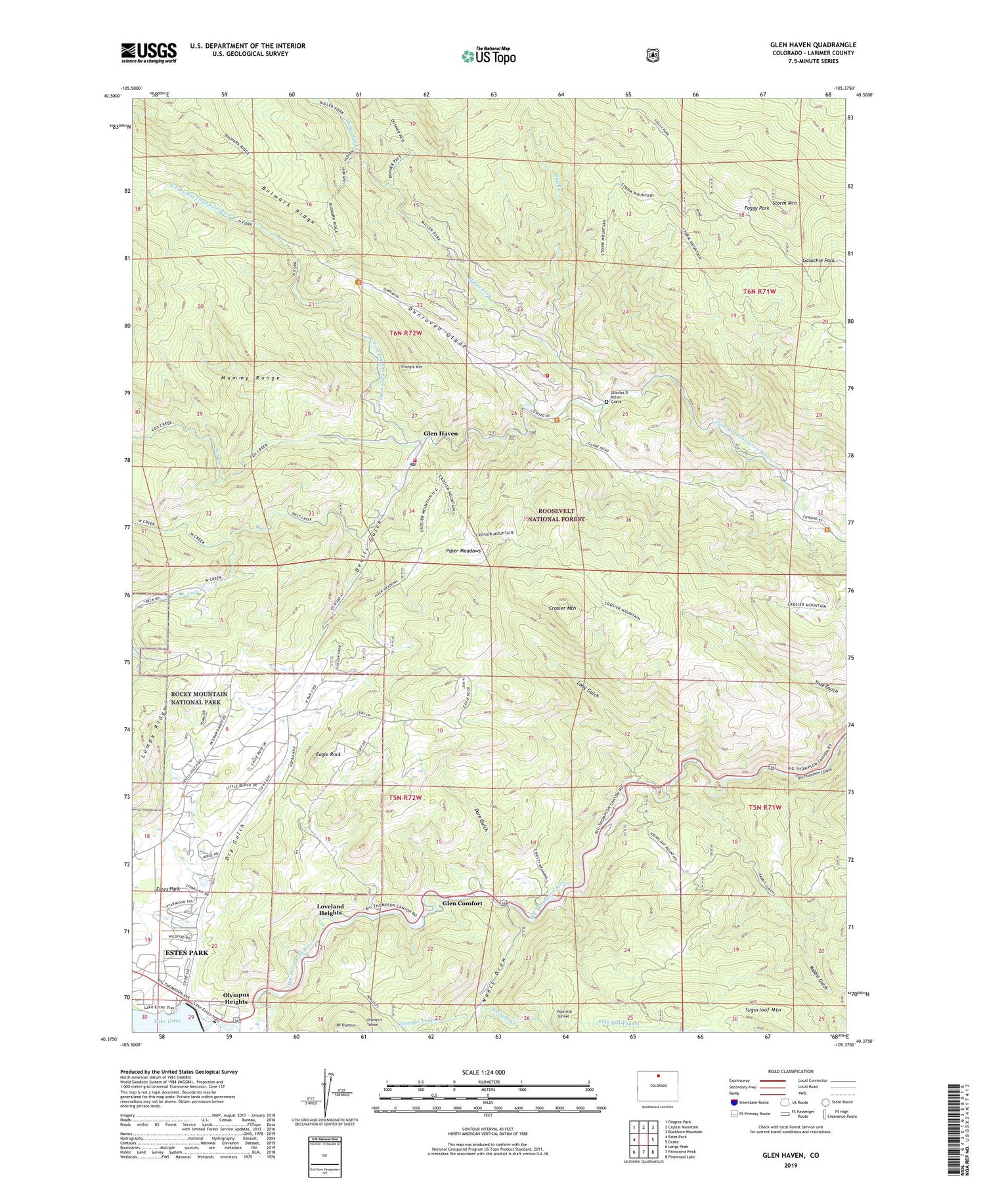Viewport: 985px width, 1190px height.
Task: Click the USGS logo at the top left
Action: point(148,53)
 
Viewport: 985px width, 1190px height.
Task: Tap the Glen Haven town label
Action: point(441,434)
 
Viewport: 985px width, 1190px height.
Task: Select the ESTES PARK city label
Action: point(186,952)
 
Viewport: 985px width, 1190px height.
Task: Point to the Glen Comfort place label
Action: point(462,903)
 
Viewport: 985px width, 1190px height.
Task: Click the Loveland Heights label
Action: point(330,910)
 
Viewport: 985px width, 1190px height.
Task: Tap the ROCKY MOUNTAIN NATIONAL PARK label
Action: point(199,698)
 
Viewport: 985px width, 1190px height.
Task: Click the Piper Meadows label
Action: point(464,551)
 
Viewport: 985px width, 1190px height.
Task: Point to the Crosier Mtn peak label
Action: point(561,608)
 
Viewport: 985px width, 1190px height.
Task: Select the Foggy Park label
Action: point(755,208)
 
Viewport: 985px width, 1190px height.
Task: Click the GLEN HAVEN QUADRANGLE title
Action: point(813,45)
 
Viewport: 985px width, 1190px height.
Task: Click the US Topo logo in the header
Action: point(489,56)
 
